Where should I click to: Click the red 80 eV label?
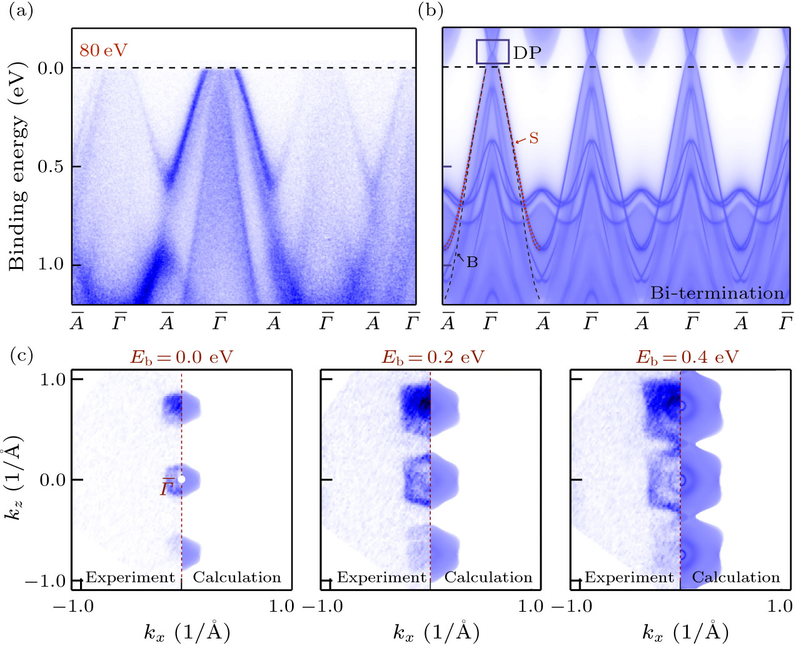point(103,50)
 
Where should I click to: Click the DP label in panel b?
point(527,53)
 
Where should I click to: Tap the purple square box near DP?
point(493,51)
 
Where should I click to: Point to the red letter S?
point(533,138)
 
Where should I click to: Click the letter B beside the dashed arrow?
point(472,263)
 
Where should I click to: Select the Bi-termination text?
point(717,293)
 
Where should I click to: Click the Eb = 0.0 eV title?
point(181,357)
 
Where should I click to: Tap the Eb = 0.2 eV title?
point(433,357)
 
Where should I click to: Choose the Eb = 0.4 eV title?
point(687,357)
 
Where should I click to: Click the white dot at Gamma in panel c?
point(181,479)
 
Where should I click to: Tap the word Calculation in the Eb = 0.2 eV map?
point(488,577)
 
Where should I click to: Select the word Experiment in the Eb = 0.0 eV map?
point(130,577)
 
